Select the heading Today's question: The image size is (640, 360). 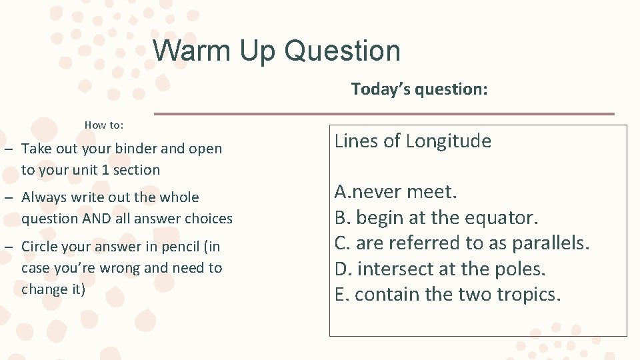(419, 89)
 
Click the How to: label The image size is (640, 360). (104, 125)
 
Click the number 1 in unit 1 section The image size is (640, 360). (104, 170)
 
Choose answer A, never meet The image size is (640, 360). (395, 192)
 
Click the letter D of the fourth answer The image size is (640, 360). (341, 269)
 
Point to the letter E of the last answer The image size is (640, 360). (340, 295)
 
